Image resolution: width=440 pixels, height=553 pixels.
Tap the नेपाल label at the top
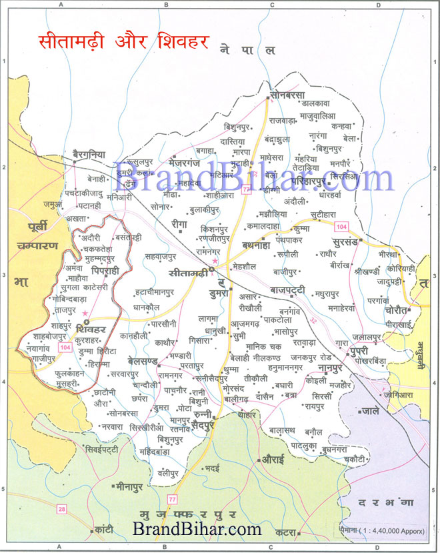click(247, 50)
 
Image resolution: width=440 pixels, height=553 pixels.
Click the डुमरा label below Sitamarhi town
click(218, 292)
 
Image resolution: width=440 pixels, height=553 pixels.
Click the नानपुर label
click(330, 367)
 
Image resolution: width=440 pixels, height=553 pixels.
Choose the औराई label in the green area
click(273, 460)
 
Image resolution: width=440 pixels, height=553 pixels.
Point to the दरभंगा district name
click(385, 500)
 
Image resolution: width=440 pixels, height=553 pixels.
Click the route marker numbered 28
click(61, 510)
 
